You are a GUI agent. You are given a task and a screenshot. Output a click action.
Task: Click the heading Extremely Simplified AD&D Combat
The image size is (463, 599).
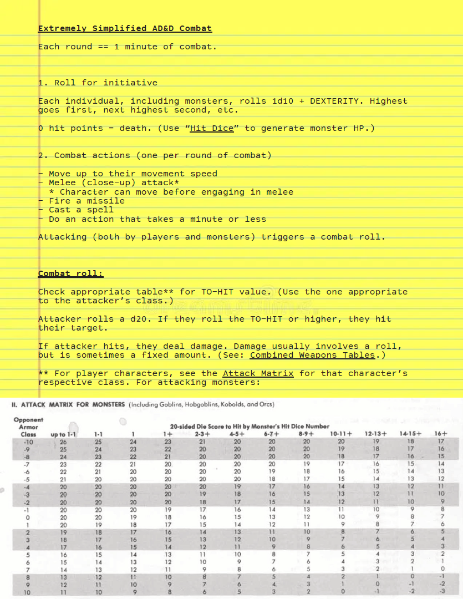tap(125, 28)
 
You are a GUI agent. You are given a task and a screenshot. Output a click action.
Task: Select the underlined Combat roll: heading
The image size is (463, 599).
tap(70, 273)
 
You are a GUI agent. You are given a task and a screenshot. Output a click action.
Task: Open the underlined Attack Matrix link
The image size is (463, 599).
tap(258, 373)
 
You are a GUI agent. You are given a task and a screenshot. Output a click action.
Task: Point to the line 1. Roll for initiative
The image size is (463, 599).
tap(98, 83)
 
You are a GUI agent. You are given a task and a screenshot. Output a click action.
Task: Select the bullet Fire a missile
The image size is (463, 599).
tap(87, 201)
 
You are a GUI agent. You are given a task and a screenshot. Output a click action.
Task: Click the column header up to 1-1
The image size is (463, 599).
tap(63, 434)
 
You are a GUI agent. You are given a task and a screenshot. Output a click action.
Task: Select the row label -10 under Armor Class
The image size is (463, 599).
tap(28, 441)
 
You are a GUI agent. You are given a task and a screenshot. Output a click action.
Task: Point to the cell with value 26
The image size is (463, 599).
tap(63, 441)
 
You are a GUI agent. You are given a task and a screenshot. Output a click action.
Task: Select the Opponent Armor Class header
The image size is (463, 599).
tap(28, 427)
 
